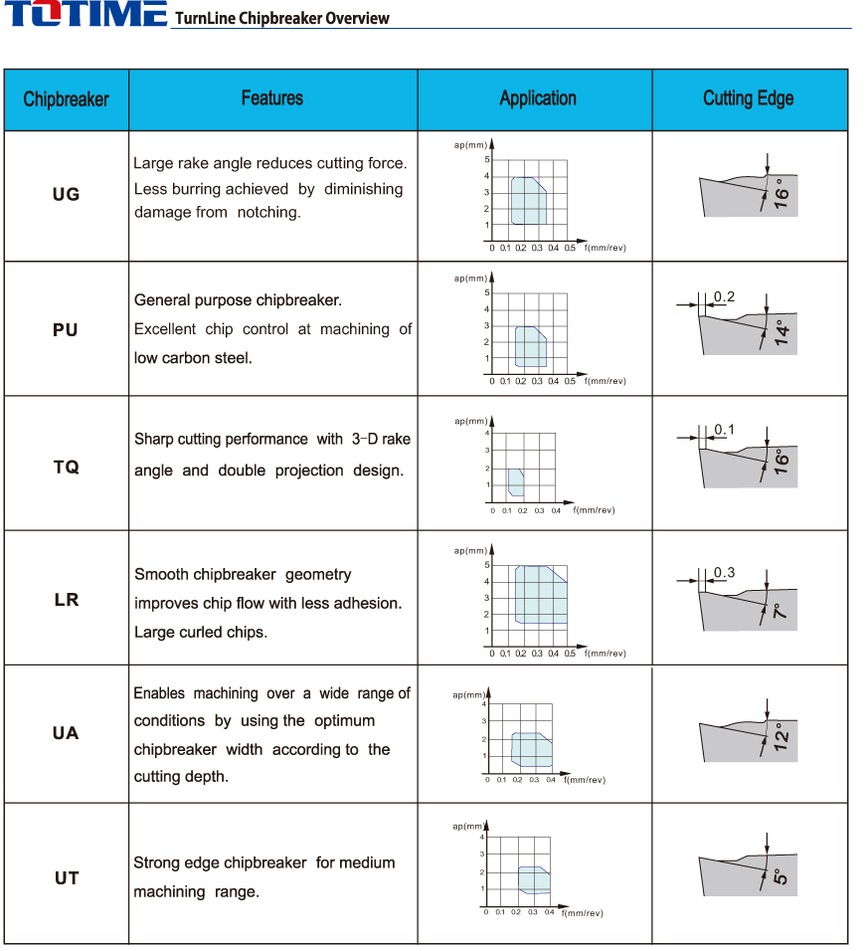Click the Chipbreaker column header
[66, 98]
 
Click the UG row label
[66, 194]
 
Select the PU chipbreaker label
[66, 329]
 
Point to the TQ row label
[66, 467]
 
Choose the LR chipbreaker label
[66, 599]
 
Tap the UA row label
[66, 733]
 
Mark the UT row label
[66, 878]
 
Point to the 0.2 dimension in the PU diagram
[724, 297]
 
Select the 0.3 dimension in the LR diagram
[724, 572]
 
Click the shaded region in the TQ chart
[515, 481]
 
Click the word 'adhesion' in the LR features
[368, 603]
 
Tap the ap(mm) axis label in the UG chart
[469, 145]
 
